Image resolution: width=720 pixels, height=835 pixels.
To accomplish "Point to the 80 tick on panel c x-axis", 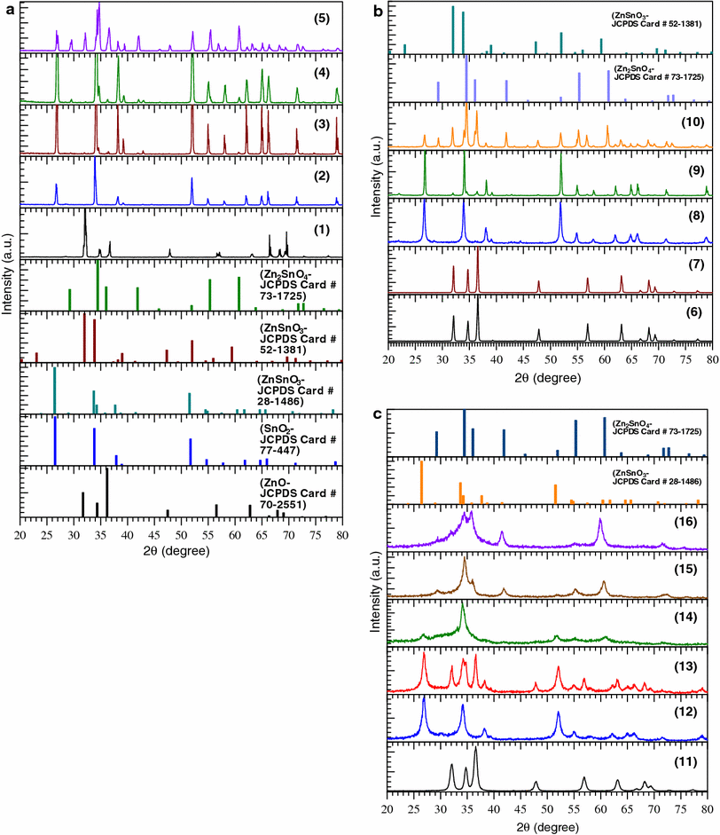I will click(x=707, y=810).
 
